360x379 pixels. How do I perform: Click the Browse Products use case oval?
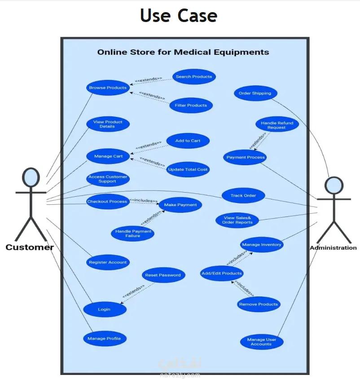tap(108, 88)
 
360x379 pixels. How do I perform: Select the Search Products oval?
tap(194, 77)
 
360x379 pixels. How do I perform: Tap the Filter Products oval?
tap(191, 106)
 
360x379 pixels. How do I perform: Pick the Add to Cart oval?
tap(188, 141)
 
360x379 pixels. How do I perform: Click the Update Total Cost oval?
tap(188, 169)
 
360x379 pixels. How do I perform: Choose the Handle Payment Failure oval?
tap(133, 234)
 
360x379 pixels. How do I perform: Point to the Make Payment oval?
tap(180, 205)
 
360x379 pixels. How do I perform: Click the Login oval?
tap(104, 309)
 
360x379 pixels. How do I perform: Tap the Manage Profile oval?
tap(104, 338)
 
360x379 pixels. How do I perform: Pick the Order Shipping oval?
tap(255, 93)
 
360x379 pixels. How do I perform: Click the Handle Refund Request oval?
tap(277, 125)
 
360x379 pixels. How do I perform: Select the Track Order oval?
tap(243, 195)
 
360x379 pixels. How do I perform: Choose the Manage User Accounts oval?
tap(261, 342)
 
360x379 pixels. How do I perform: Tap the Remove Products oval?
tap(259, 304)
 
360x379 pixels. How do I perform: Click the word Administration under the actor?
tap(333, 248)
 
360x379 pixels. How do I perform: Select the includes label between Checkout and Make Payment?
tap(143, 200)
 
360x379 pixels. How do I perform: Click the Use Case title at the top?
tap(179, 15)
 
